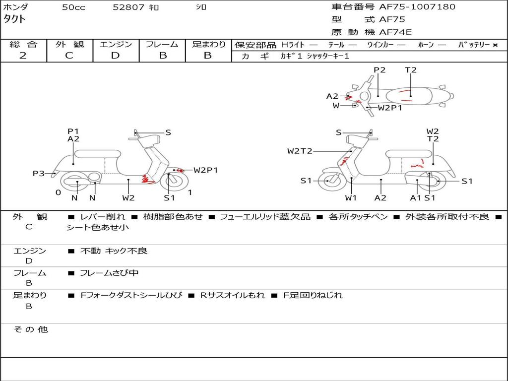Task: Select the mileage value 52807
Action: point(128,7)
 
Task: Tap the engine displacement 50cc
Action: point(73,7)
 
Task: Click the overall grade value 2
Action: point(23,56)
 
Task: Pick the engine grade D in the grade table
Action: point(115,56)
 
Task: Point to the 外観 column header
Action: point(69,45)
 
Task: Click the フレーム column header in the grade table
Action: point(162,45)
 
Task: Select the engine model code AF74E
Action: point(395,32)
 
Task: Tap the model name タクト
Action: point(15,19)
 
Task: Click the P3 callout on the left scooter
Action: point(39,174)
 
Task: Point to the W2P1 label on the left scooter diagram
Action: point(205,170)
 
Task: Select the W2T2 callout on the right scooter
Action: point(300,151)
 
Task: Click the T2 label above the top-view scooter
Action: point(411,70)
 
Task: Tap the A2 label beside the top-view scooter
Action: point(332,96)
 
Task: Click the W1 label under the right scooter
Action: point(351,198)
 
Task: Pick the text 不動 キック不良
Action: point(114,251)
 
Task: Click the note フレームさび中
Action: point(109,273)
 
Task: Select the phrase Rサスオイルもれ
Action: point(232,295)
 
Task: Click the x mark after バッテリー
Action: point(495,45)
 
